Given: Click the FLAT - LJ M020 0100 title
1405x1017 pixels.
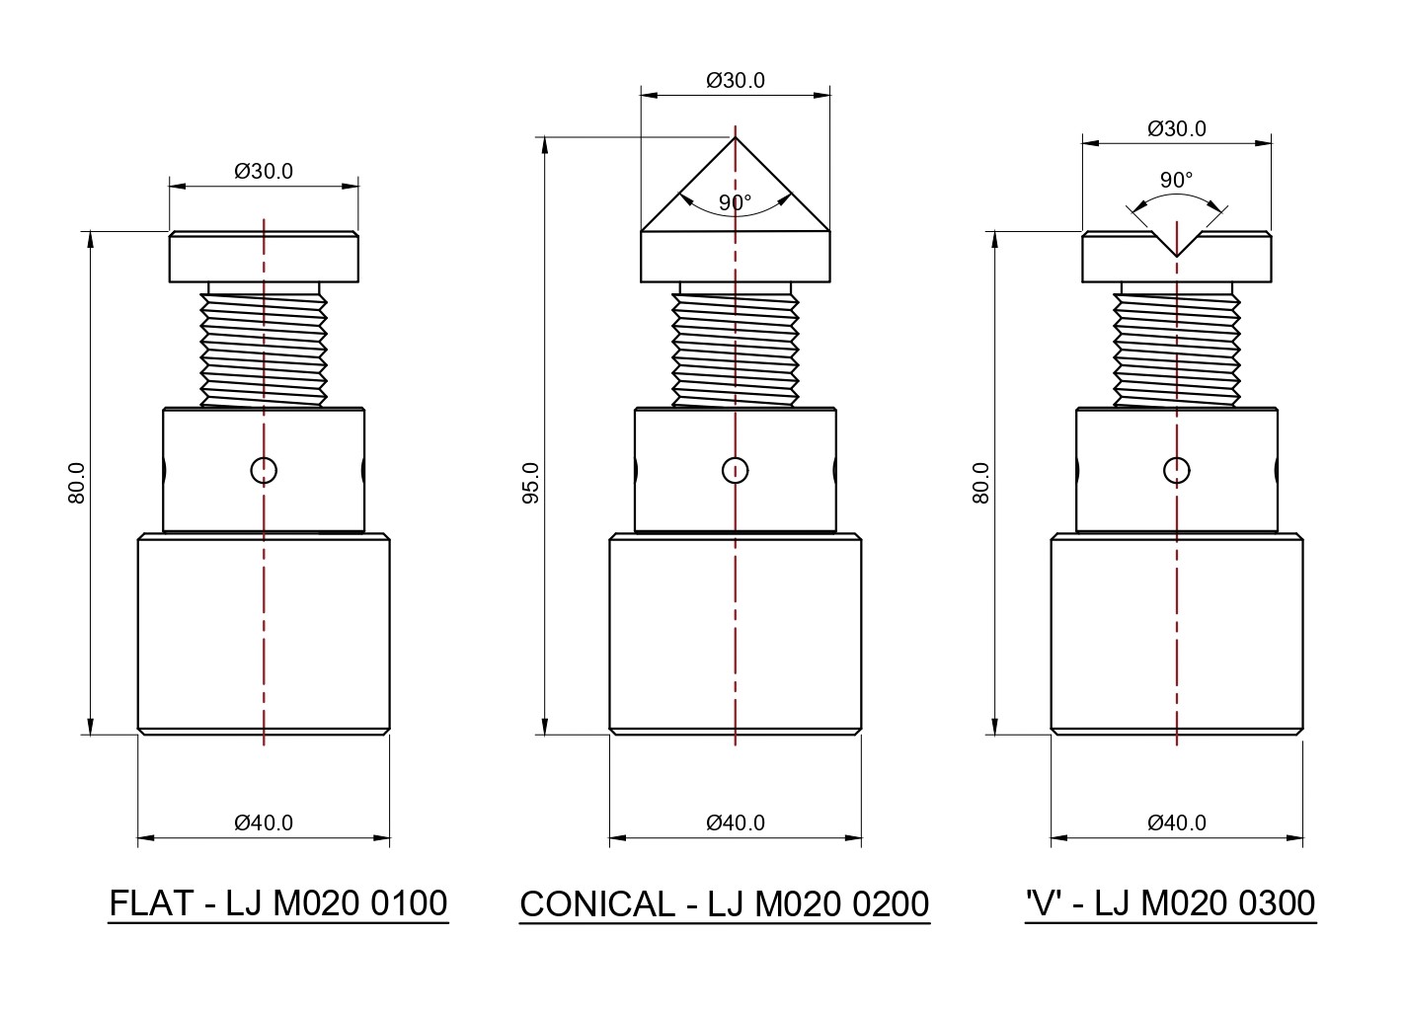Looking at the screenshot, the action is [x=278, y=903].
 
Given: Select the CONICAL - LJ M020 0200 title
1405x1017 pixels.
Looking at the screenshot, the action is [x=725, y=904].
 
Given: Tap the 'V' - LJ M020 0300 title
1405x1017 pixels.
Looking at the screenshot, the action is [x=1170, y=903].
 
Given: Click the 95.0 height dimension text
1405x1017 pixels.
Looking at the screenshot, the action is [x=530, y=483].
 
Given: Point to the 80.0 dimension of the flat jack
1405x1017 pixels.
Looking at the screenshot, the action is [x=77, y=483].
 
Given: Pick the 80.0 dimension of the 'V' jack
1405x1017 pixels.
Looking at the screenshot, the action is [x=981, y=483].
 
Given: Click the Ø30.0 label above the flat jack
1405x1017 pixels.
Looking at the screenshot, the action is [x=264, y=171].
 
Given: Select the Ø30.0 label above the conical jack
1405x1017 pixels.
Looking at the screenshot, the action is [x=736, y=80].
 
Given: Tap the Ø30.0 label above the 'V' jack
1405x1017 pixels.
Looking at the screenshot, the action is [x=1177, y=128].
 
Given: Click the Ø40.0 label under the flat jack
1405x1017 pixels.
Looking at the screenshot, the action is [x=264, y=822].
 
